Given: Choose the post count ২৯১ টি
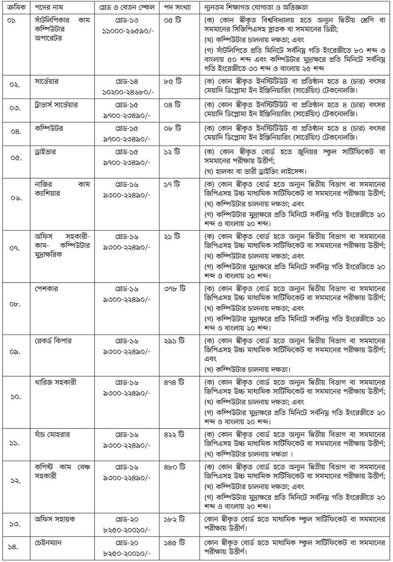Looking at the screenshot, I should click(173, 341).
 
